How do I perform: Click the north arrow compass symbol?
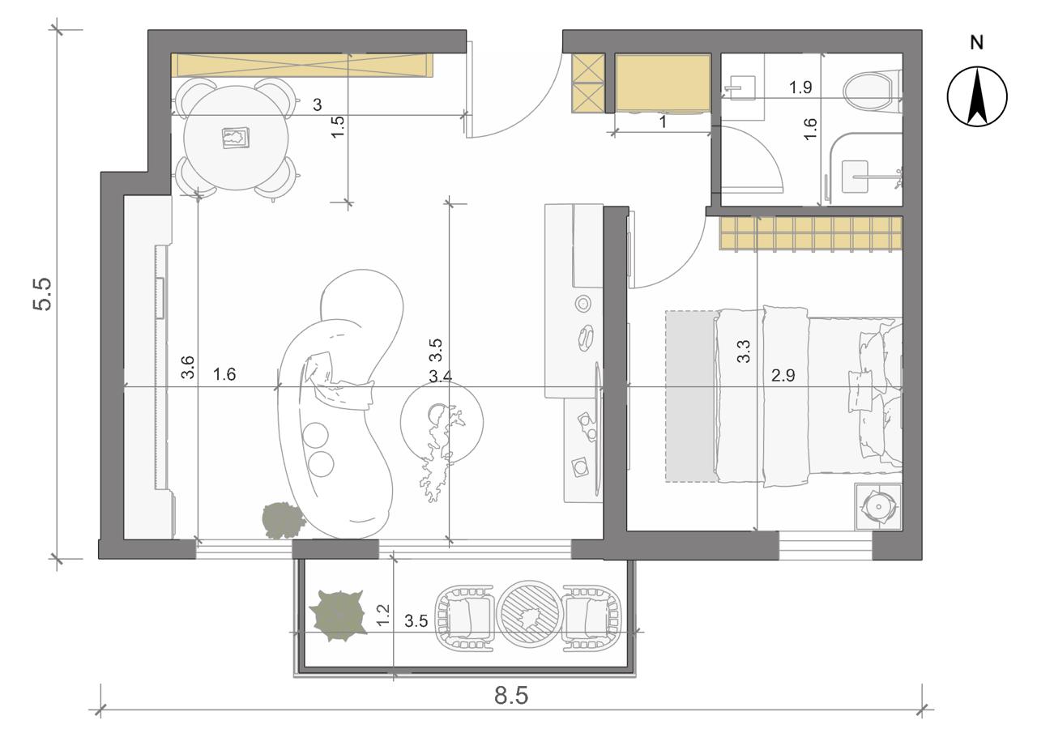pyautogui.click(x=977, y=96)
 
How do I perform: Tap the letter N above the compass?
pyautogui.click(x=977, y=43)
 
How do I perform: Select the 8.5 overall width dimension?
pyautogui.click(x=511, y=695)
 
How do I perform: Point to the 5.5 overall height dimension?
pyautogui.click(x=43, y=294)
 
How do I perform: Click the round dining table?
pyautogui.click(x=236, y=138)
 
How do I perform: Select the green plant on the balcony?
pyautogui.click(x=339, y=616)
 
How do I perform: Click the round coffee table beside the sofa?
pyautogui.click(x=442, y=421)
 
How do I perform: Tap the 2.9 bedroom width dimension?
pyautogui.click(x=783, y=375)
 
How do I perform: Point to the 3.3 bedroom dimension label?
pyautogui.click(x=743, y=352)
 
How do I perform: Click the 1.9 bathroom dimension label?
pyautogui.click(x=800, y=87)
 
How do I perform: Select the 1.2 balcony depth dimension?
pyautogui.click(x=383, y=615)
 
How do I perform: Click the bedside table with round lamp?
pyautogui.click(x=878, y=506)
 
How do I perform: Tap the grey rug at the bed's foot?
pyautogui.click(x=692, y=396)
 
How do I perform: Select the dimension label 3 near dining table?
pyautogui.click(x=317, y=105)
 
